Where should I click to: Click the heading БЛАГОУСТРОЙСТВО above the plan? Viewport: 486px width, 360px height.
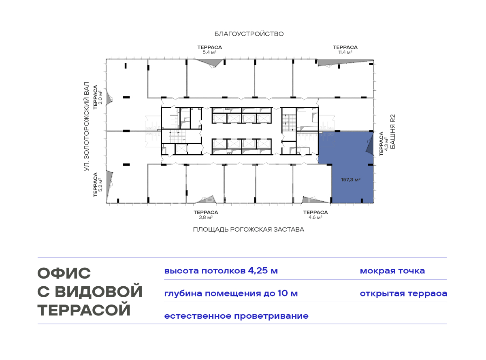tap(249, 34)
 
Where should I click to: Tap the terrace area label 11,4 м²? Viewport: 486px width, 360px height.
tap(345, 52)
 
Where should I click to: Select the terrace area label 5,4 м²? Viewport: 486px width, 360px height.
tap(209, 52)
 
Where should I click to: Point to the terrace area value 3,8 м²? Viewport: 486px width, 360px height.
tap(206, 217)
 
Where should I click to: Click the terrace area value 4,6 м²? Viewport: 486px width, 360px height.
tap(315, 217)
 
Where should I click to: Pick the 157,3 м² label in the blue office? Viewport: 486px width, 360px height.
tap(351, 180)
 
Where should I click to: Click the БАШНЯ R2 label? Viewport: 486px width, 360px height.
tap(393, 132)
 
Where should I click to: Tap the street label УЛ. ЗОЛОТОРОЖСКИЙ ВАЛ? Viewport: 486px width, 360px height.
tap(87, 126)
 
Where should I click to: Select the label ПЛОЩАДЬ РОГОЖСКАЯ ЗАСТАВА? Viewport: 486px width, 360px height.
tap(249, 230)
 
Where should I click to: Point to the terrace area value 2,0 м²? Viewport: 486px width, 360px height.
tap(100, 97)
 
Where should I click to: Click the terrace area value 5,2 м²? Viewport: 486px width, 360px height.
tap(100, 185)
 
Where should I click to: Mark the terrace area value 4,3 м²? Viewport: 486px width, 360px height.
tap(386, 144)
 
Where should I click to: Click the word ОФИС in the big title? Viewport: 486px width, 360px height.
tap(64, 273)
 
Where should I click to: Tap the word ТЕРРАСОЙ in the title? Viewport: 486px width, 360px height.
tap(84, 310)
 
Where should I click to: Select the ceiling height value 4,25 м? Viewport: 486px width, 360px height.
tap(263, 271)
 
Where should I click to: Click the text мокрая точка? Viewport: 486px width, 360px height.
tap(392, 271)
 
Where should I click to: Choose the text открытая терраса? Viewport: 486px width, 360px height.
tap(403, 294)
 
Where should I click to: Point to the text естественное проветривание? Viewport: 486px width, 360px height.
tap(236, 316)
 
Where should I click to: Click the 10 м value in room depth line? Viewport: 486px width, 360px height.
tap(288, 294)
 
